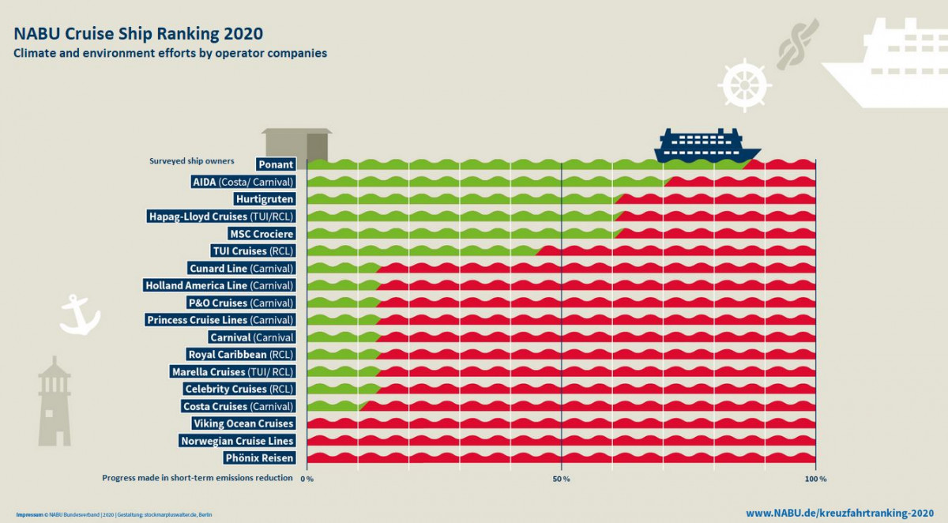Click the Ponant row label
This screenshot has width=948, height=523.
[x=276, y=164]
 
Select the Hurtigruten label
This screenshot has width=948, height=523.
[x=265, y=199]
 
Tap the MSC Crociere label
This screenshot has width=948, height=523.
[x=261, y=234]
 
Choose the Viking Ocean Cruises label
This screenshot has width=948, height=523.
[x=243, y=423]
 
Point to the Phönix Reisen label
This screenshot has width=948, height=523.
[x=258, y=458]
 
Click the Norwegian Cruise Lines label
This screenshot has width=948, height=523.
[x=236, y=441]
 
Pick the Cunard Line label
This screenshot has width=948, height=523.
[x=241, y=269]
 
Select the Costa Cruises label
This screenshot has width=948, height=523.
[x=237, y=406]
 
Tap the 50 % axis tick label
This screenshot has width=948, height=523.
[x=561, y=479]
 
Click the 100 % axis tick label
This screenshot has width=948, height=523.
[x=815, y=479]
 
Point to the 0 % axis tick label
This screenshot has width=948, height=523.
[x=308, y=479]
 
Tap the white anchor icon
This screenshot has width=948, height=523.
[x=80, y=314]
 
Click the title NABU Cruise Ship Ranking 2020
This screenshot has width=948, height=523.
[x=138, y=34]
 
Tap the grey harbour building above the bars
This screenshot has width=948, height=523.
[x=296, y=143]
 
